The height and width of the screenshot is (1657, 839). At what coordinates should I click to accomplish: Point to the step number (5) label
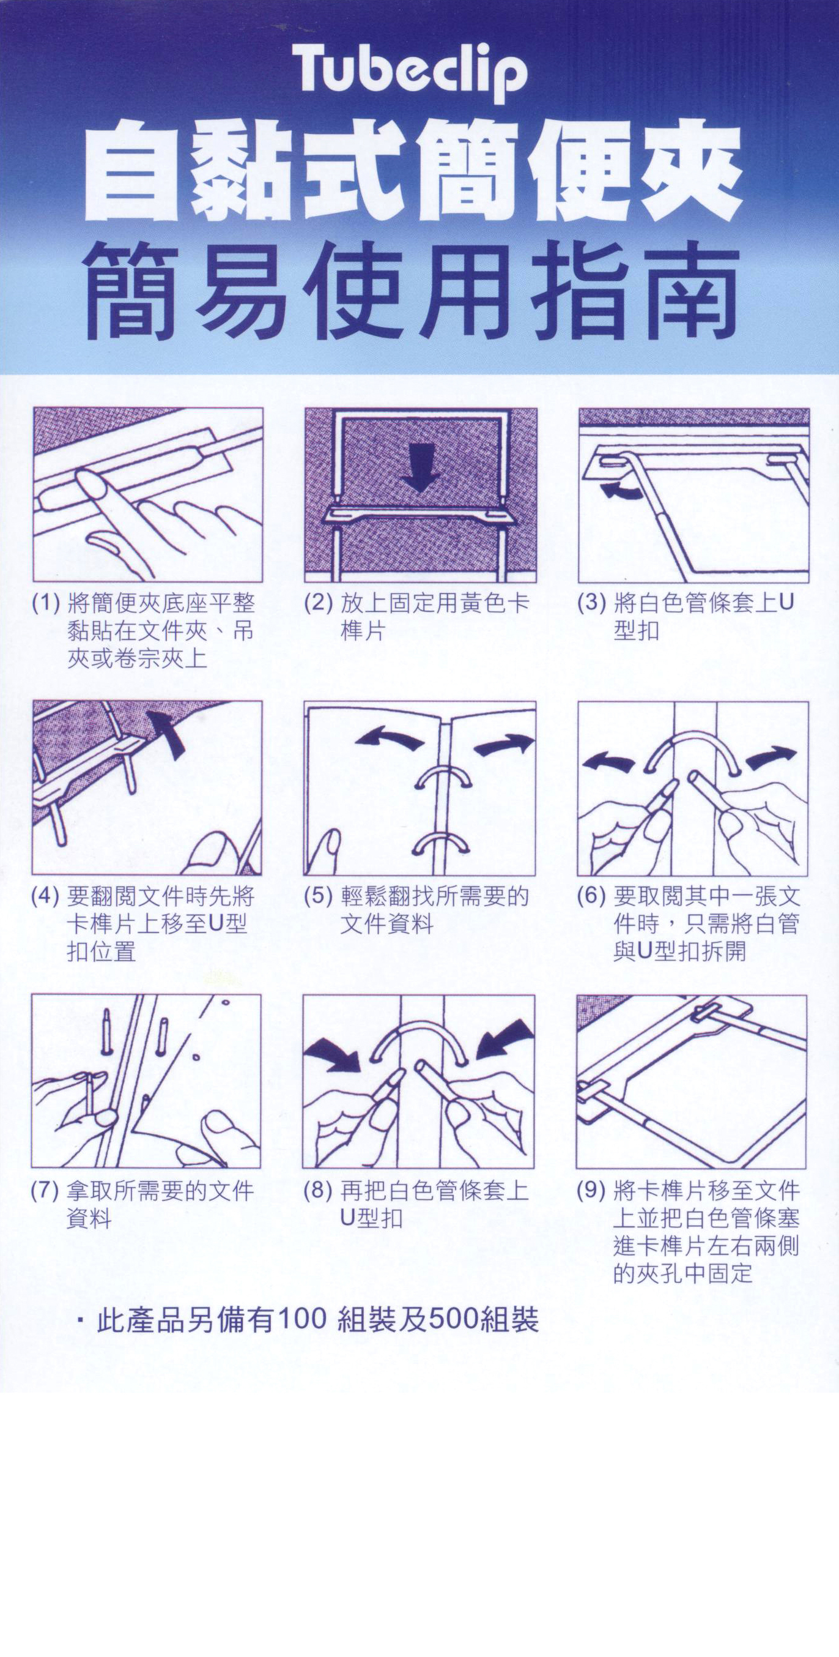(x=317, y=896)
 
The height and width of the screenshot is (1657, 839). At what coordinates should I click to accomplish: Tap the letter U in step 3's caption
(x=786, y=603)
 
